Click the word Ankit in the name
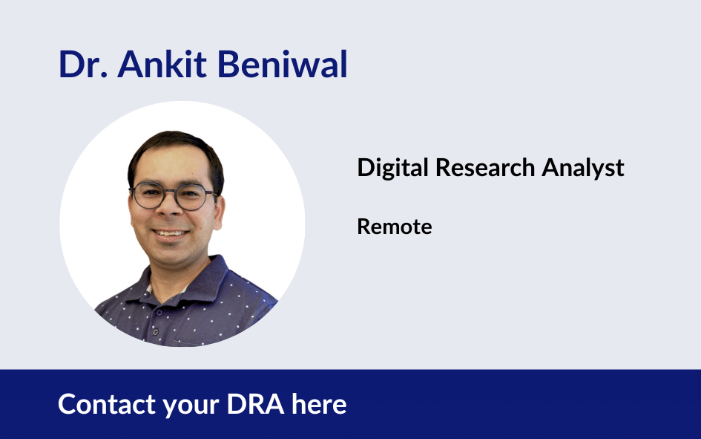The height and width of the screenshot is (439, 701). pyautogui.click(x=162, y=64)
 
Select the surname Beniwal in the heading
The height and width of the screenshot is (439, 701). pyautogui.click(x=282, y=64)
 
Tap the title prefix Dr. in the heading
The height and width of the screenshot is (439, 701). pyautogui.click(x=83, y=64)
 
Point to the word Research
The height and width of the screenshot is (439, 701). pyautogui.click(x=485, y=168)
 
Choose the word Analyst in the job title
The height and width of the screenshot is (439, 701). pyautogui.click(x=583, y=169)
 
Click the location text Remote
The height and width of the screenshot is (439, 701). pyautogui.click(x=395, y=227)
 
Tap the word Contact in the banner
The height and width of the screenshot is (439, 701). pyautogui.click(x=106, y=404)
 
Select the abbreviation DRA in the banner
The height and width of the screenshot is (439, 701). pyautogui.click(x=255, y=404)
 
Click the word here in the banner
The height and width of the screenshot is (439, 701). pyautogui.click(x=319, y=404)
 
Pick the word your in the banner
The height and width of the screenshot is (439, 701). pyautogui.click(x=191, y=406)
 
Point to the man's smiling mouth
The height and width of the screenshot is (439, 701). pyautogui.click(x=170, y=233)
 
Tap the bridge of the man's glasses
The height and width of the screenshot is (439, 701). pyautogui.click(x=169, y=192)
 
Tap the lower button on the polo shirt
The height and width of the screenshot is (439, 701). pyautogui.click(x=155, y=332)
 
